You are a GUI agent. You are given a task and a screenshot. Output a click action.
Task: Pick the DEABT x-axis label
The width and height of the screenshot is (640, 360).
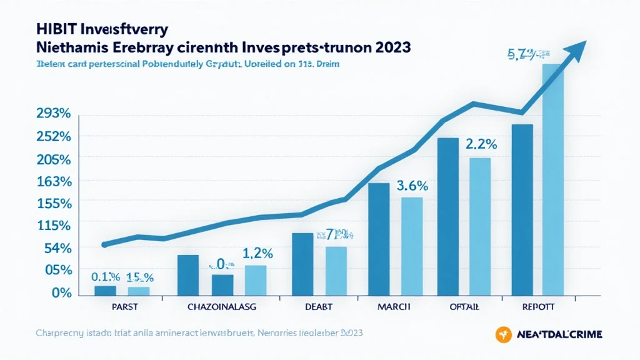318,306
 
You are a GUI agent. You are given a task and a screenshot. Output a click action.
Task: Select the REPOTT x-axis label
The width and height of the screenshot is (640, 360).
539,306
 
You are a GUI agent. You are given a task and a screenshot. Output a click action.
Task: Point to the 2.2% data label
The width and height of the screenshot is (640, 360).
481,144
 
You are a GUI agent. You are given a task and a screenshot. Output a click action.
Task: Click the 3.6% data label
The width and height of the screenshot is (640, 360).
412,186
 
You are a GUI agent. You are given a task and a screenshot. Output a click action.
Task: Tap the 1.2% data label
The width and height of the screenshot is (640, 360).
257,253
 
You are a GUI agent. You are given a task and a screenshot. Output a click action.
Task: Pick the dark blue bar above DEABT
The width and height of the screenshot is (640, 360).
302,263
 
